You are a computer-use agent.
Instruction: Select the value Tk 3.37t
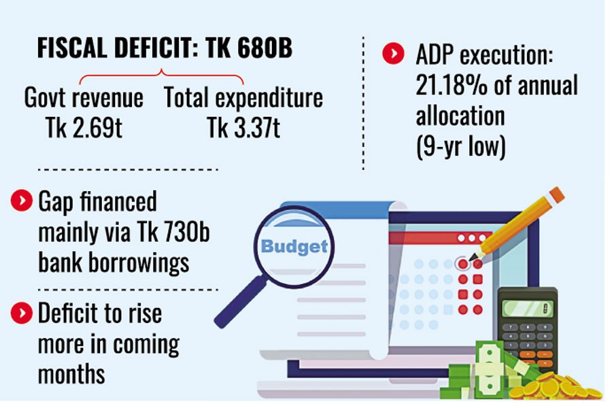[x=243, y=128]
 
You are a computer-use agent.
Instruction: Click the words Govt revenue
[x=84, y=99]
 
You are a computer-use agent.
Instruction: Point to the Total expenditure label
[x=243, y=99]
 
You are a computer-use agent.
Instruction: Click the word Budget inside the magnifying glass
[x=294, y=245]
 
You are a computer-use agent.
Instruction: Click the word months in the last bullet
[x=71, y=373]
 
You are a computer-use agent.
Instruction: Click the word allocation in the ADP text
[x=460, y=116]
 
